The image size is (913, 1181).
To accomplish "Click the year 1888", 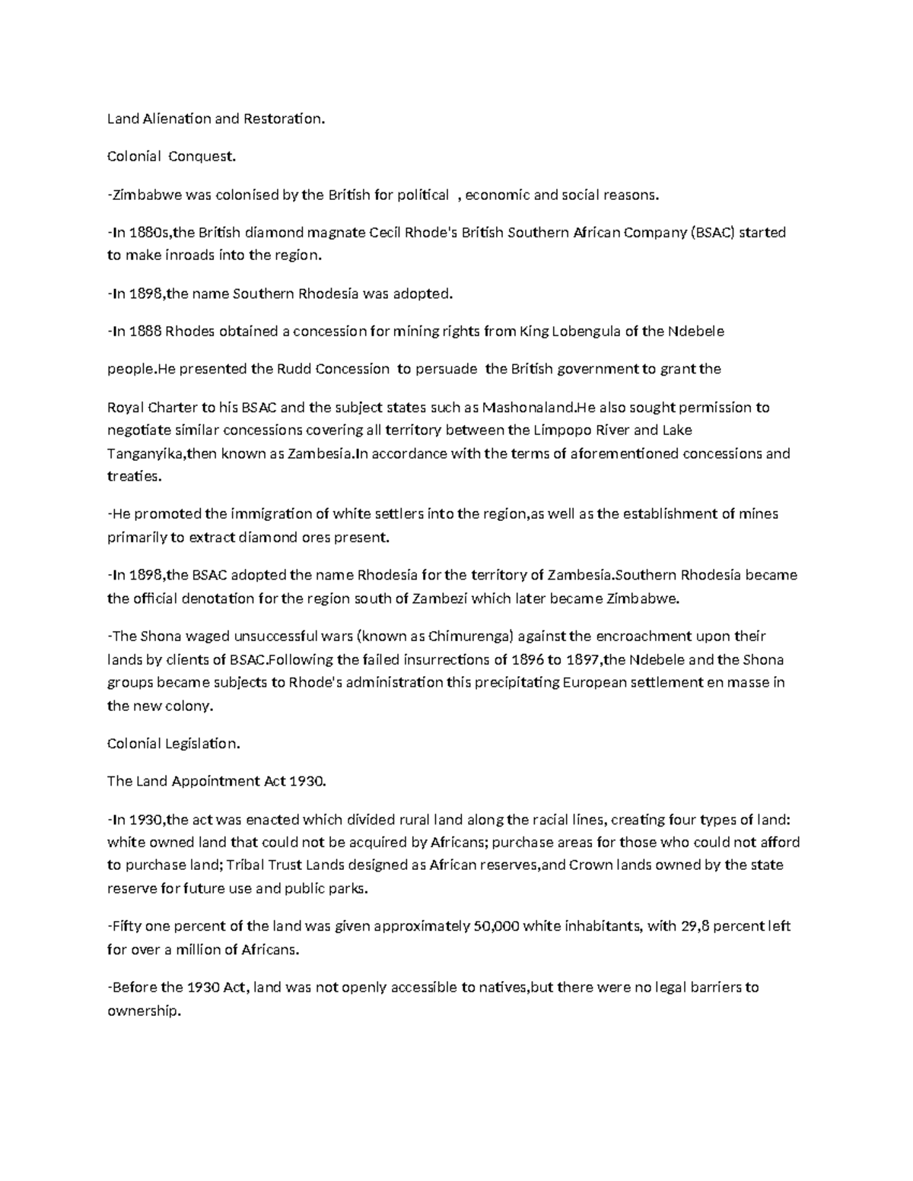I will point(145,332).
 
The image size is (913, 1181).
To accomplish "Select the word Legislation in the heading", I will point(202,744).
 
